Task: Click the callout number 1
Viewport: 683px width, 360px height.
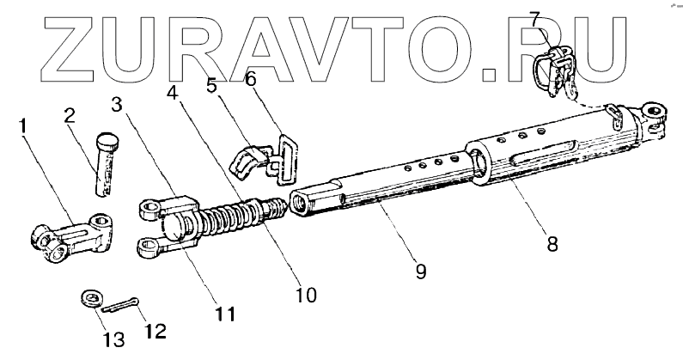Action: click(x=23, y=126)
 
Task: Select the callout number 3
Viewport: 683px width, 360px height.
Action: click(x=119, y=104)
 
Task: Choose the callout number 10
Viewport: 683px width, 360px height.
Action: click(x=305, y=295)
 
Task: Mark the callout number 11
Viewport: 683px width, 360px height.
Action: click(x=225, y=314)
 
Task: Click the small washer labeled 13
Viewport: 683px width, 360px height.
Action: click(x=88, y=298)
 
